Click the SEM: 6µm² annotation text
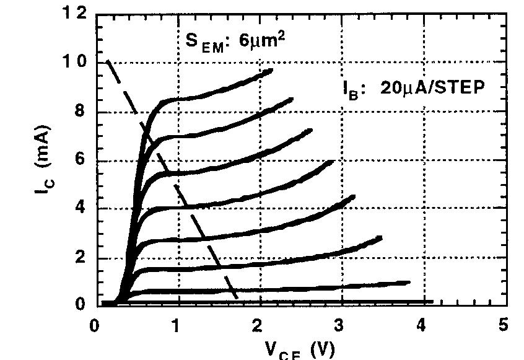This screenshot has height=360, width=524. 235,40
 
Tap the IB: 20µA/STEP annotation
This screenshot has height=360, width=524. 413,87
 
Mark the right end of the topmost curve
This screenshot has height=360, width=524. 271,71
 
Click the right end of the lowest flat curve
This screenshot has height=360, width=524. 432,302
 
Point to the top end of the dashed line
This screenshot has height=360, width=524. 108,62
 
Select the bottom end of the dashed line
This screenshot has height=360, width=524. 237,299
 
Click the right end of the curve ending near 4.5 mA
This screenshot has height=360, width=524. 354,197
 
